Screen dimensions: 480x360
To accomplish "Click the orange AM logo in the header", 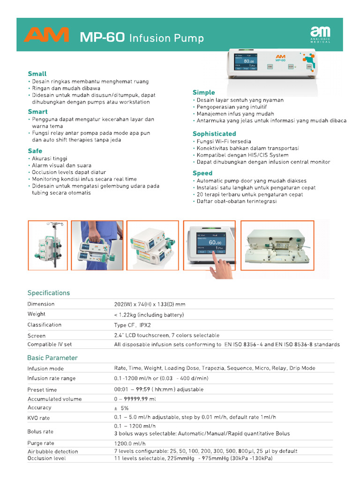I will [46, 35].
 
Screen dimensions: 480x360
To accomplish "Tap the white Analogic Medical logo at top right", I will [320, 35].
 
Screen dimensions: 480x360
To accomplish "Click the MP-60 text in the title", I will [102, 37].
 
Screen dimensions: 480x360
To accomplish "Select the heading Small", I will [37, 74].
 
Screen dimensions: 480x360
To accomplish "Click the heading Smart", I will [37, 112].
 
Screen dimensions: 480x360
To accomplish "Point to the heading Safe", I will [35, 151].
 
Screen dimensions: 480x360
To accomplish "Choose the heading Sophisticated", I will [214, 134].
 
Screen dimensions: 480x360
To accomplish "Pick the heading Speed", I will [202, 173].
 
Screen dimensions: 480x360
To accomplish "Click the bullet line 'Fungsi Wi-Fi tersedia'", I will [224, 141].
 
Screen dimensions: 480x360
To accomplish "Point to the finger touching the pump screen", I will [217, 265].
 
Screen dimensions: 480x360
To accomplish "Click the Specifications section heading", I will [49, 293].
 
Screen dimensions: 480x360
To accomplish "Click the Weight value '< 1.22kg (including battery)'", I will [149, 315].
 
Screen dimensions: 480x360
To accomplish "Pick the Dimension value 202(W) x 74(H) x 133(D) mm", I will [150, 304].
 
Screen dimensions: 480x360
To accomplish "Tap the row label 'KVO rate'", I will [38, 418].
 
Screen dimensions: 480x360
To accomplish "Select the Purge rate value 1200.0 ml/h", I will [130, 443].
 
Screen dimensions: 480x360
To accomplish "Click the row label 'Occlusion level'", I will [46, 458].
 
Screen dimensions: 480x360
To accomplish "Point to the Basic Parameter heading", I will [52, 358].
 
